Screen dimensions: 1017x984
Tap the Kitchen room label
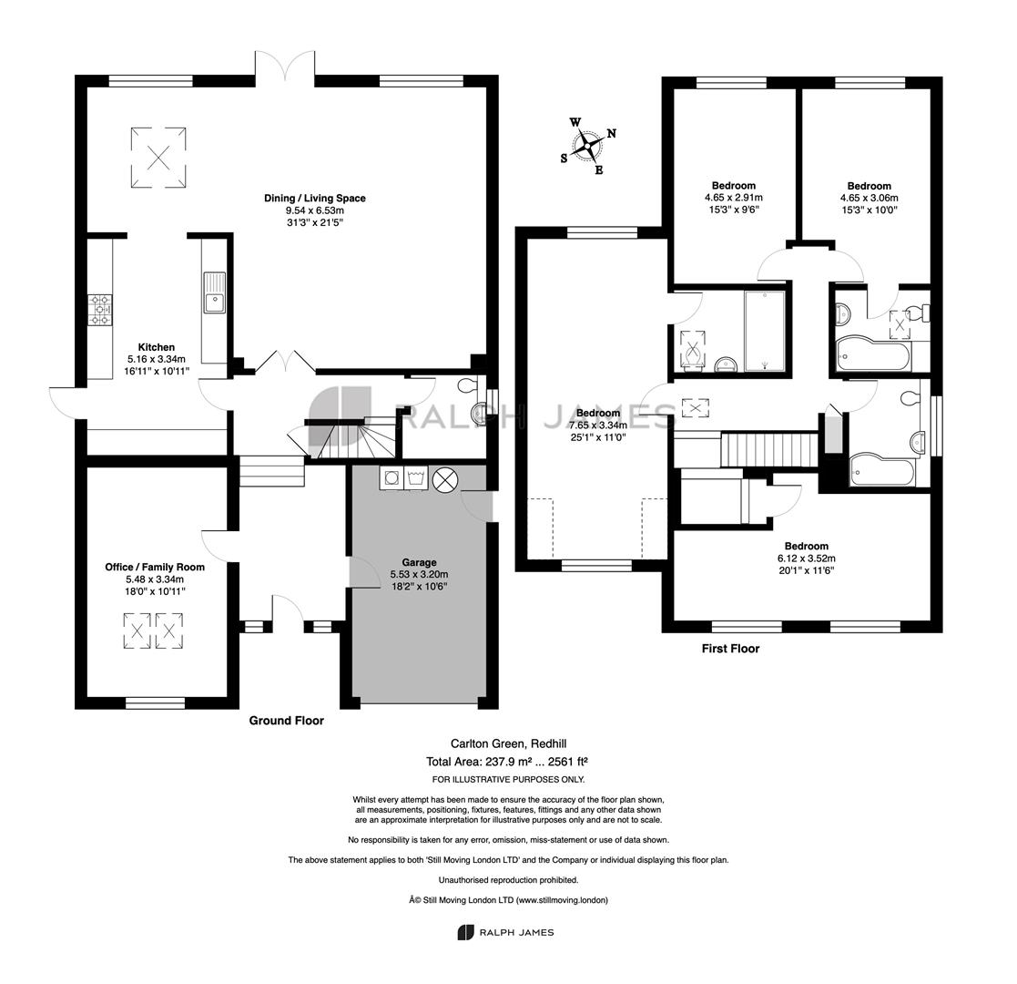coord(157,347)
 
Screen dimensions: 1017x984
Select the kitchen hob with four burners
coord(100,310)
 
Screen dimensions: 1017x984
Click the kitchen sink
coord(214,292)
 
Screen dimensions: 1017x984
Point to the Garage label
coord(419,562)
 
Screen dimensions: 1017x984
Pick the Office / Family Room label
coord(155,567)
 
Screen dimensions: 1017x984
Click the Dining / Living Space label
coord(315,198)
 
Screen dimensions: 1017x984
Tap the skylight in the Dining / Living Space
coord(159,157)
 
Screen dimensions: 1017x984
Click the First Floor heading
coord(730,649)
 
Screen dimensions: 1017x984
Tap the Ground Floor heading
coord(287,721)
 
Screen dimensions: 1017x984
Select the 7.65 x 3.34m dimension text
coord(598,425)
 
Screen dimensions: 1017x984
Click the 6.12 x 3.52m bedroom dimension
coord(806,559)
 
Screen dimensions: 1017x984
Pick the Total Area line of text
coord(507,762)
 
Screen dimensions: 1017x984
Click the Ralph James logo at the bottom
coord(506,932)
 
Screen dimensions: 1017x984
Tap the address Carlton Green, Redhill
coord(504,743)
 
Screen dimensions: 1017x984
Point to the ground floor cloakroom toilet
coord(467,386)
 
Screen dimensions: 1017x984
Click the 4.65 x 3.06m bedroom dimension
coord(870,198)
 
